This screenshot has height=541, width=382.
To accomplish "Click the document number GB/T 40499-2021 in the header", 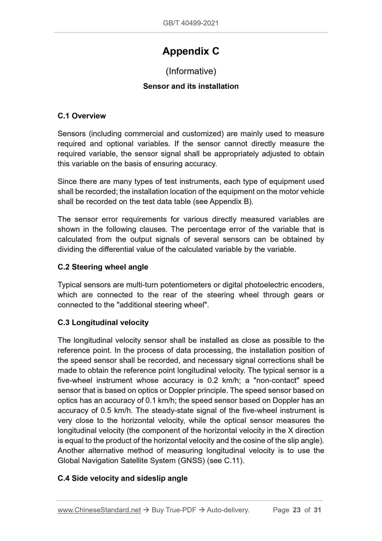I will [x=191, y=23].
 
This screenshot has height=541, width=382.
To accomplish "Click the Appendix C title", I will [x=191, y=51].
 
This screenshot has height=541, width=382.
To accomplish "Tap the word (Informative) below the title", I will [x=191, y=71].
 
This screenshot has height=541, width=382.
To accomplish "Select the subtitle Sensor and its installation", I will [x=191, y=86].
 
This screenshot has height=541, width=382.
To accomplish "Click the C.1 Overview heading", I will [x=82, y=116].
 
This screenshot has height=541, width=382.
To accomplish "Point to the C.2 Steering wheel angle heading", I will [x=103, y=267].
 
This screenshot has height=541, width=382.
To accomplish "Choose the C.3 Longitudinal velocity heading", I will [x=103, y=322].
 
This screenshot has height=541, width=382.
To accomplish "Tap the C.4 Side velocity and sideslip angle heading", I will [x=123, y=478].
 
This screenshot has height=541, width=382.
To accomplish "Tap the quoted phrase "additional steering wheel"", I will [x=164, y=305].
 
